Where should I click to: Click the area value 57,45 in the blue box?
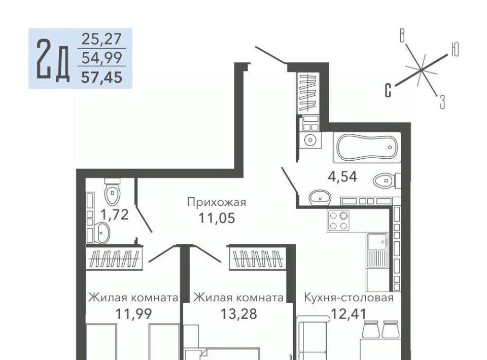click(x=101, y=77)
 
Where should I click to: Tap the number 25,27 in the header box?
click(x=101, y=39)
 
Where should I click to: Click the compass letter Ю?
click(x=455, y=49)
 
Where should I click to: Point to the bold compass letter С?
click(x=388, y=90)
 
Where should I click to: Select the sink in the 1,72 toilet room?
click(x=101, y=232)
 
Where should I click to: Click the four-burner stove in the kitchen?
click(x=338, y=220)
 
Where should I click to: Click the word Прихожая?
click(x=217, y=202)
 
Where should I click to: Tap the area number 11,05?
click(x=217, y=218)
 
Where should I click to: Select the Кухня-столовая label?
click(x=349, y=298)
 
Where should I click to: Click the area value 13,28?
click(x=239, y=314)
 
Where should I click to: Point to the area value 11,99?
click(x=133, y=314)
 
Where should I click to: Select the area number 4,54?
click(x=342, y=176)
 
